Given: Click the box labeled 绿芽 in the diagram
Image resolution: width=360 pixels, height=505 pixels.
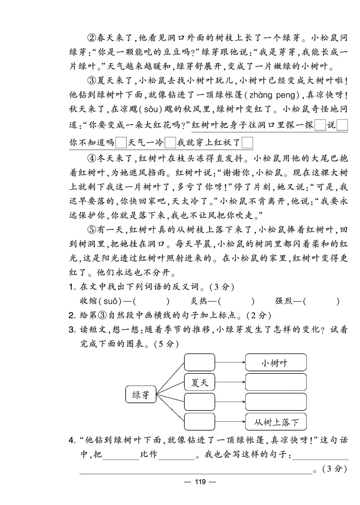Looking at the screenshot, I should [x=140, y=395].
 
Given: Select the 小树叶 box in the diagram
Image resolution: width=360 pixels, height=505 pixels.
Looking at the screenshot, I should [x=276, y=362].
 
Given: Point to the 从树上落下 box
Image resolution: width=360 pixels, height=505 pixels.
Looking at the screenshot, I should [x=276, y=422].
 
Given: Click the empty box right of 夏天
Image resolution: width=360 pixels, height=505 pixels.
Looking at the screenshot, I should [x=276, y=384].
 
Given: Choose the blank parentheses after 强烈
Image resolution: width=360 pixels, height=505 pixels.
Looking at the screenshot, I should [x=322, y=302].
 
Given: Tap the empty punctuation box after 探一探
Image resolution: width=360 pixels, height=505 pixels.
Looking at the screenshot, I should [x=320, y=125].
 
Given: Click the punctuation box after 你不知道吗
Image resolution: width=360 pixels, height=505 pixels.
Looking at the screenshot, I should [x=121, y=143].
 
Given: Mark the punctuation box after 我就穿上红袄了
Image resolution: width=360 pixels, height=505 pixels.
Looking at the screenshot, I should [x=247, y=143].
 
